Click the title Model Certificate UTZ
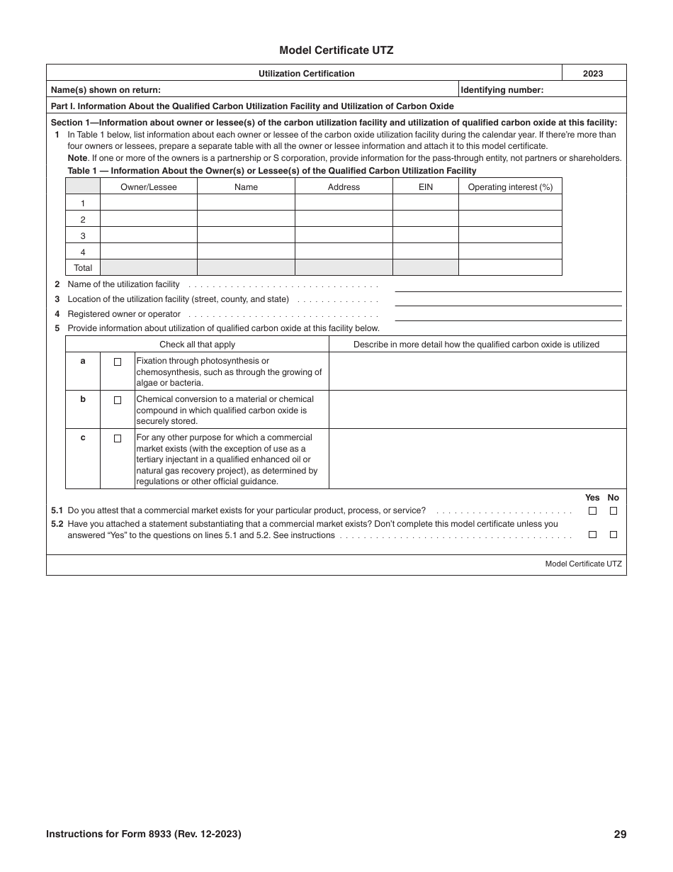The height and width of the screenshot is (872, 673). pos(336,50)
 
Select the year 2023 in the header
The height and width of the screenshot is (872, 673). pos(593,73)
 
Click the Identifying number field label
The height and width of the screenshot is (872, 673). pos(502,89)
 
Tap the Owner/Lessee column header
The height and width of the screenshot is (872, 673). pos(148,186)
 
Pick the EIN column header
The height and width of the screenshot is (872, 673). pos(425,186)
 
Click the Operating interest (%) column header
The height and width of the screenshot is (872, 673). pos(509,186)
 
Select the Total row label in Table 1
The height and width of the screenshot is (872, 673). pos(83,268)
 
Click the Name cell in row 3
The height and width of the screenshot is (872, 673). pos(246,235)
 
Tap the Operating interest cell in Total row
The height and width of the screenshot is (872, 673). pos(509,268)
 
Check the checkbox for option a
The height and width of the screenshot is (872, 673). pos(118,362)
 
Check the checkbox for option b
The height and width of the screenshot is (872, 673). pos(118,400)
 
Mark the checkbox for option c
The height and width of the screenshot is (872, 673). pos(118,438)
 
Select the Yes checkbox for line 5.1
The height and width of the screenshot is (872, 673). pos(592,510)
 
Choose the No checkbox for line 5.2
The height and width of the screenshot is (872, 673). pos(613,535)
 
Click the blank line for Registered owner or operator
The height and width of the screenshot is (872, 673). pos(507,315)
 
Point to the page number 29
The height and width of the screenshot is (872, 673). pos(620,834)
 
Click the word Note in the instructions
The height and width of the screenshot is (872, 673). pos(77,158)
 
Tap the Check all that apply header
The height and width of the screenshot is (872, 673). pos(197,345)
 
